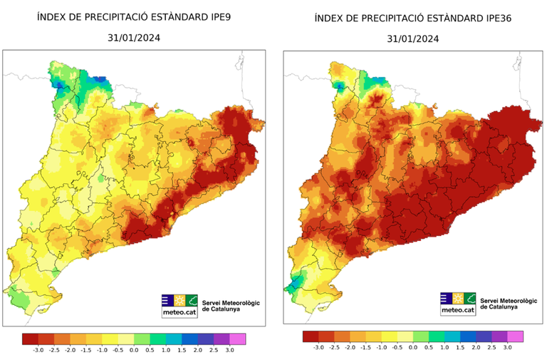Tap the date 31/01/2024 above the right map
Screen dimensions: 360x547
pos(413,39)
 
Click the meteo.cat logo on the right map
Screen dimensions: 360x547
pos(457,303)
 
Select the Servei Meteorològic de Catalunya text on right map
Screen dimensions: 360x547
pos(509,304)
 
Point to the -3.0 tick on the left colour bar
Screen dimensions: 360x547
pos(38,350)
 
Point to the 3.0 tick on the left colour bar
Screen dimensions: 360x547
pos(229,350)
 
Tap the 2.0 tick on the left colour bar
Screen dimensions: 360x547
pos(197,350)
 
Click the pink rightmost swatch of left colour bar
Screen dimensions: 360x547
pos(237,339)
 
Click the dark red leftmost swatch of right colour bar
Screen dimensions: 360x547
pos(311,336)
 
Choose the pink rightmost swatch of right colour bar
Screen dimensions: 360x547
pos(515,336)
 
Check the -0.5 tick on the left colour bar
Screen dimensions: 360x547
pos(118,350)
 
